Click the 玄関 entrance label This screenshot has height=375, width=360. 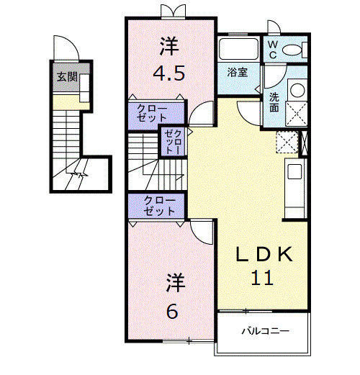pyautogui.click(x=68, y=76)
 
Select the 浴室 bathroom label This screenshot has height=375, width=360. pyautogui.click(x=238, y=72)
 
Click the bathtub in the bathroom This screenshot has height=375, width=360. pyautogui.click(x=238, y=50)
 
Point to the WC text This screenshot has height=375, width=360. pyautogui.click(x=274, y=49)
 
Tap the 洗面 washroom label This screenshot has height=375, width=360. pyautogui.click(x=275, y=102)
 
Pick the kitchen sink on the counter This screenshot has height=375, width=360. pyautogui.click(x=295, y=173)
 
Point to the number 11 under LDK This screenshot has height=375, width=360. pyautogui.click(x=263, y=278)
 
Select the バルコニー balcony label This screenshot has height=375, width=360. pyautogui.click(x=264, y=333)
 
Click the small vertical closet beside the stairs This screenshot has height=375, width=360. pyautogui.click(x=173, y=141)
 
